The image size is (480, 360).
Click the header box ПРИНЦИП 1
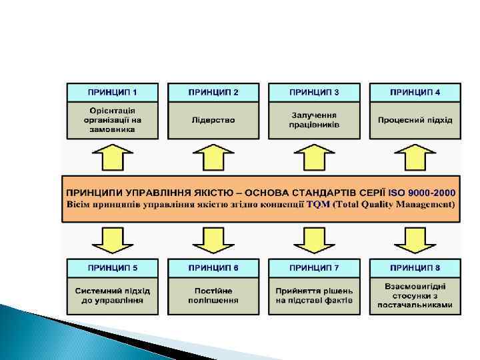[x=112, y=91]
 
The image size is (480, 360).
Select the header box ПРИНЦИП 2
[x=213, y=91]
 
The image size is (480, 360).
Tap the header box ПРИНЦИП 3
[x=314, y=91]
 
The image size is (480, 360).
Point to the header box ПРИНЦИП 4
[x=415, y=91]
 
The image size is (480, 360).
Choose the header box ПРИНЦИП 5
[x=112, y=268]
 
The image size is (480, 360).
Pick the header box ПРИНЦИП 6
[x=213, y=268]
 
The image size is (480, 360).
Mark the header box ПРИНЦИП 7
[x=314, y=268]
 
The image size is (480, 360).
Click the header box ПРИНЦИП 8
[x=415, y=268]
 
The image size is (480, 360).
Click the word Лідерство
[x=213, y=120]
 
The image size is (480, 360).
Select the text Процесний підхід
[x=415, y=120]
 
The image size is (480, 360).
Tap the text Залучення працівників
[x=314, y=120]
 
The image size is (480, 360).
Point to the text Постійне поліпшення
[x=213, y=295]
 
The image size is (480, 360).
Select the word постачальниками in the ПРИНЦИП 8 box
[x=415, y=305]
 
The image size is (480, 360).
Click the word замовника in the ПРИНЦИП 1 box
[x=112, y=129]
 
